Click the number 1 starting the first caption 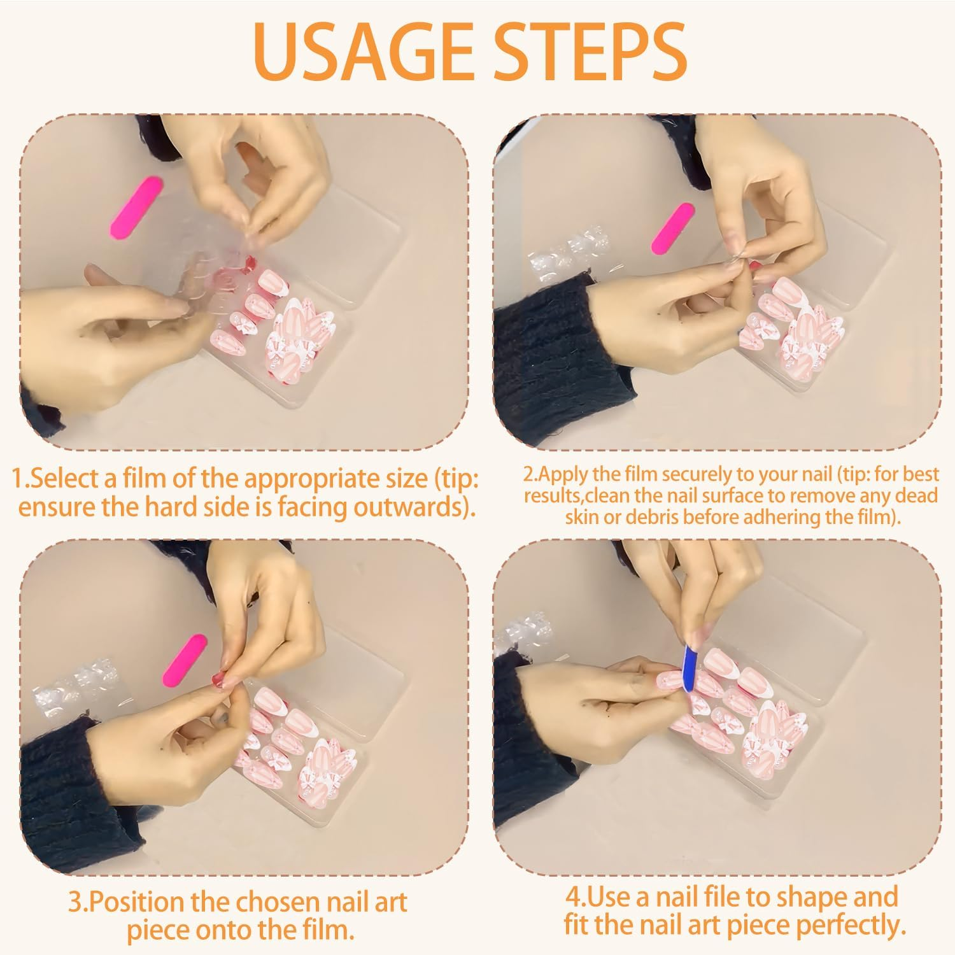tap(18, 479)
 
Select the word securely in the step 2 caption tap(701, 475)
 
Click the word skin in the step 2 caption tap(582, 517)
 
